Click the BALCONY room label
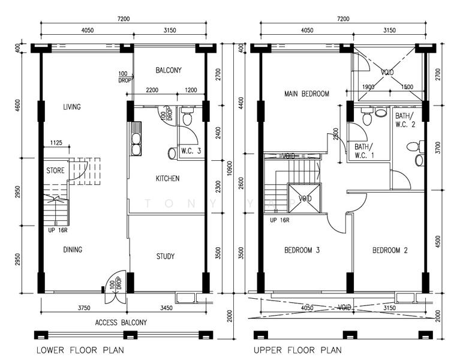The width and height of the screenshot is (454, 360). pyautogui.click(x=169, y=70)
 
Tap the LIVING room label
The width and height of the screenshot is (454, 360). pyautogui.click(x=72, y=107)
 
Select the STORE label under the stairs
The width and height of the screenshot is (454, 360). pyautogui.click(x=55, y=170)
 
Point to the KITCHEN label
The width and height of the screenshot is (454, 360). pyautogui.click(x=168, y=178)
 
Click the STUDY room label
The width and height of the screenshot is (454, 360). pyautogui.click(x=166, y=256)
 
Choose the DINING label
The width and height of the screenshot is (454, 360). pyautogui.click(x=73, y=250)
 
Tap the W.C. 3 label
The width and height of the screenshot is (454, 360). pyautogui.click(x=191, y=151)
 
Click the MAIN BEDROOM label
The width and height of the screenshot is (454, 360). pyautogui.click(x=306, y=94)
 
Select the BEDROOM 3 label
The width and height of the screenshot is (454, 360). pyautogui.click(x=302, y=250)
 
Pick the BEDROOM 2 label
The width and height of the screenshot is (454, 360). pyautogui.click(x=390, y=250)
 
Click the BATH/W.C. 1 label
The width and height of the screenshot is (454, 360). pyautogui.click(x=364, y=151)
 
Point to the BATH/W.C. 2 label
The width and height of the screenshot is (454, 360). pyautogui.click(x=405, y=120)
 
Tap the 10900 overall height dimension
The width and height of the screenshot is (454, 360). pyautogui.click(x=230, y=168)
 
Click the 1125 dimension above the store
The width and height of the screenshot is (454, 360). pyautogui.click(x=56, y=142)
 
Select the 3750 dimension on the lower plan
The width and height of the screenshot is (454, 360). pyautogui.click(x=84, y=308)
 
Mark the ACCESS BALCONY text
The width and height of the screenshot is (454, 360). pyautogui.click(x=121, y=323)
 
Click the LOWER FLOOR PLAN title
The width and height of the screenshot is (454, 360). pyautogui.click(x=80, y=350)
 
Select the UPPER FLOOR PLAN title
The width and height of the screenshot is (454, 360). pyautogui.click(x=297, y=350)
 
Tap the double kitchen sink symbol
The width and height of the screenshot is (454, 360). pyautogui.click(x=136, y=139)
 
